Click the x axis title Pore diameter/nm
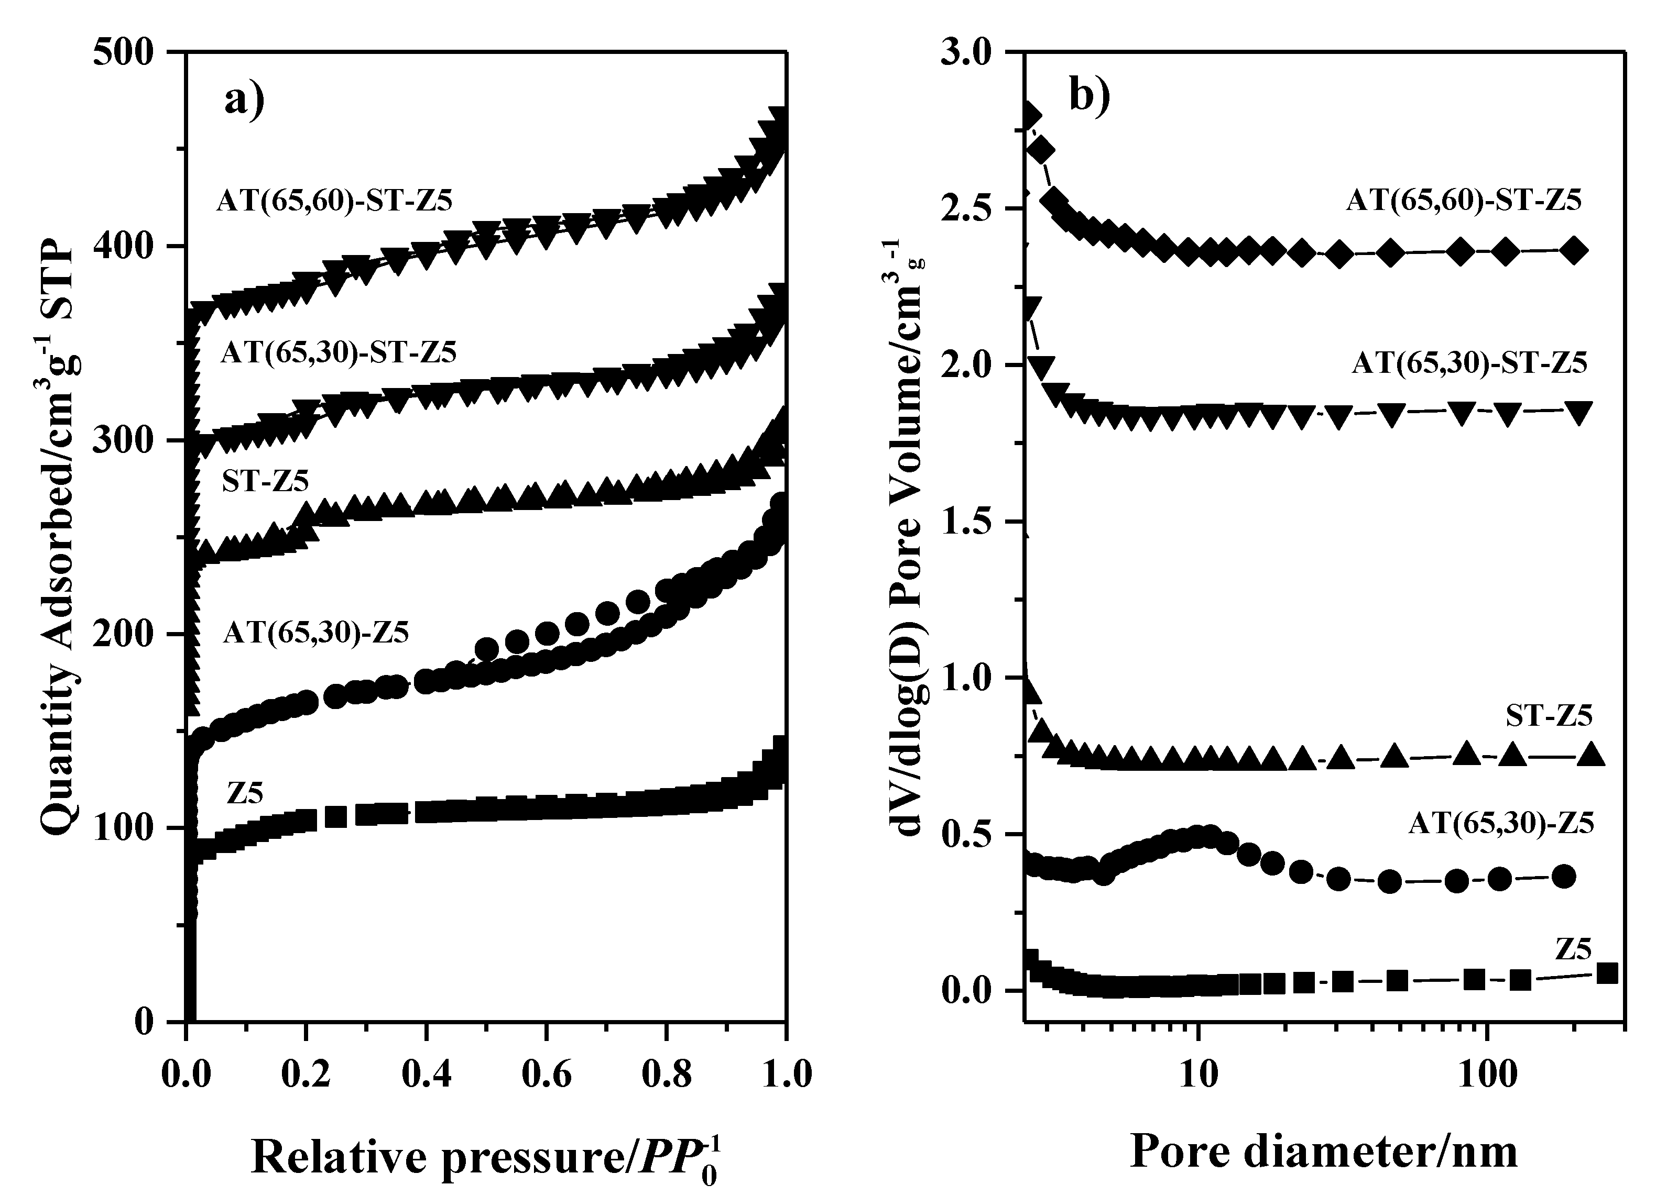pos(1324,1151)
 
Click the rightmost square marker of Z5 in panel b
pos(1608,973)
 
